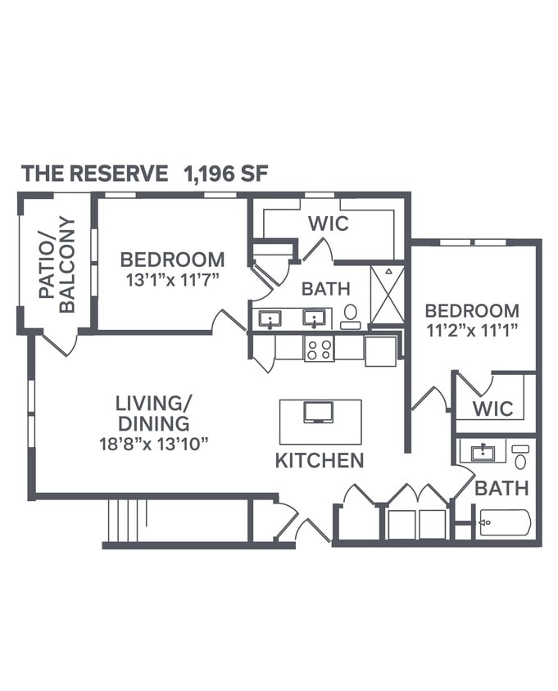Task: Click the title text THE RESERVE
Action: (x=94, y=174)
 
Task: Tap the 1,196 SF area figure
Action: (x=227, y=174)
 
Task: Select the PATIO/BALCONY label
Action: (x=57, y=264)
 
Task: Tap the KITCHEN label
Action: (x=320, y=461)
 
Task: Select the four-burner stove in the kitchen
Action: (x=319, y=348)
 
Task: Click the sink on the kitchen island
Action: (x=319, y=412)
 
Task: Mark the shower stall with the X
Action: (x=387, y=295)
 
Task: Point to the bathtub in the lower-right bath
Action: (x=505, y=522)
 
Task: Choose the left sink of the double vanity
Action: (x=270, y=318)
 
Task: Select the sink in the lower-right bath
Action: (x=483, y=451)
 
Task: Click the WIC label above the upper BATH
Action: (x=329, y=223)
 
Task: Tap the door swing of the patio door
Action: (x=60, y=344)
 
